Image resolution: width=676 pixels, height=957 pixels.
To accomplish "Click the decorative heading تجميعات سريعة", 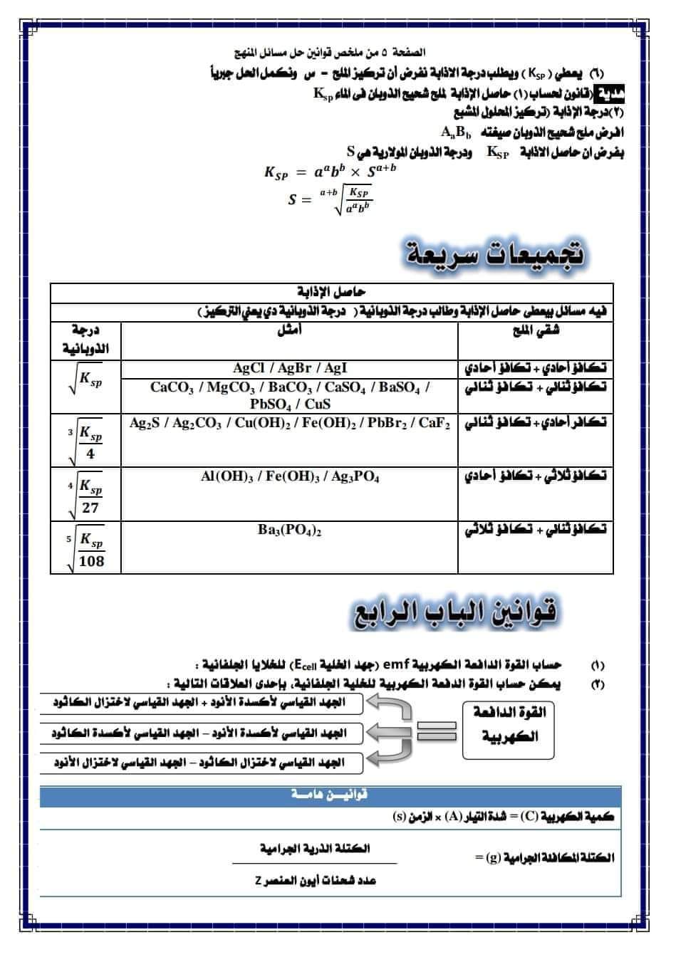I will pos(495,253).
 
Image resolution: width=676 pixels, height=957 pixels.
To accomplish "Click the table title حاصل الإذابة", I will pos(331,293).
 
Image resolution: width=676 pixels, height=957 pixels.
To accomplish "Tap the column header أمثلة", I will pos(288,330).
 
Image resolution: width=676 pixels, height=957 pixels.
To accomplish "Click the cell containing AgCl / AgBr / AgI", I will pos(290,368).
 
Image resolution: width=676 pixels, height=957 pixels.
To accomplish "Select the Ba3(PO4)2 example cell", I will pos(290,530).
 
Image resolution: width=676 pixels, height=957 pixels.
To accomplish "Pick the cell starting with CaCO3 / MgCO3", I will pos(290,395).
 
